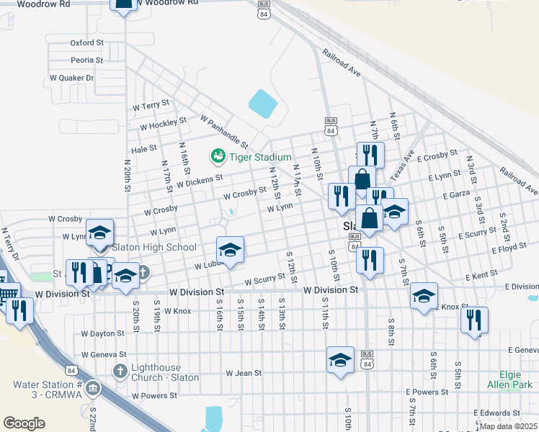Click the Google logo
[x=24, y=423]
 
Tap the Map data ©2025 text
[x=508, y=426]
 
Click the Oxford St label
[x=87, y=43]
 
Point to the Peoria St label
[x=87, y=60]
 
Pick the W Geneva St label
[x=104, y=354]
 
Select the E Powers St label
[x=427, y=392]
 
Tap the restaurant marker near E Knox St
[x=474, y=321]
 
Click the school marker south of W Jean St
[x=340, y=360]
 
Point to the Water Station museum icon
[x=92, y=390]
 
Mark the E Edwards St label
[x=496, y=413]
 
